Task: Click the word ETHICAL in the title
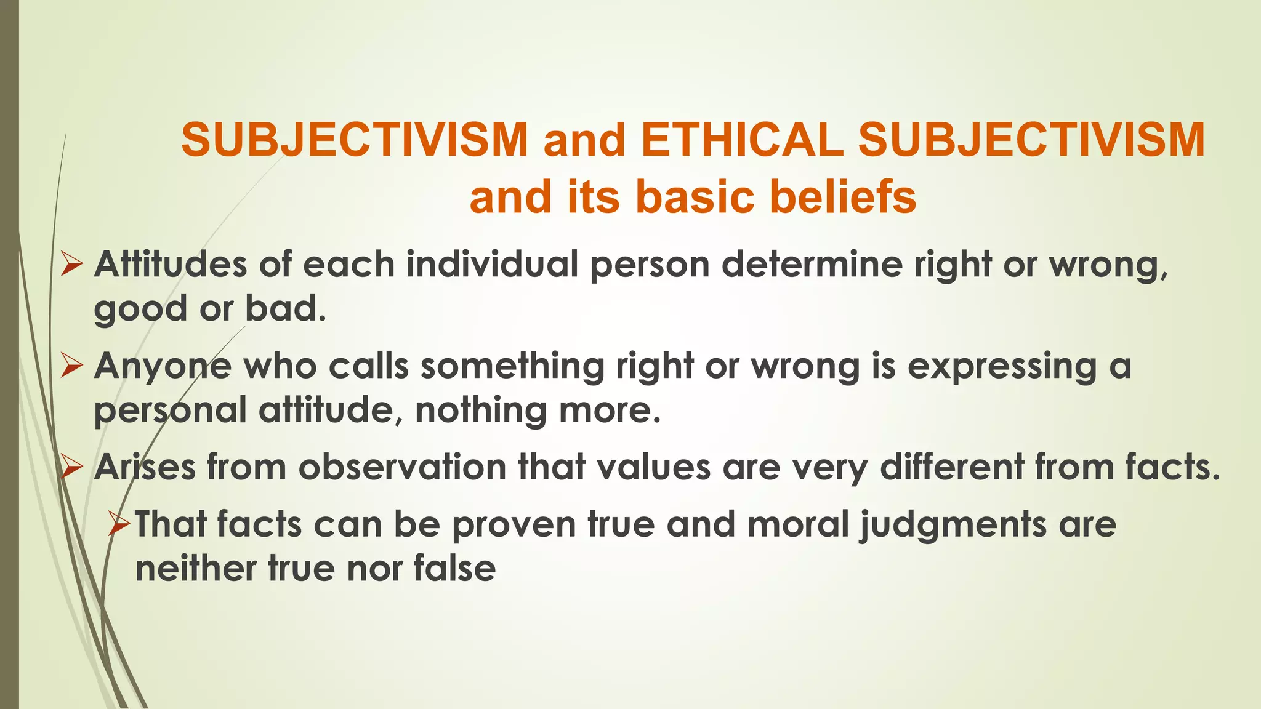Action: click(x=741, y=140)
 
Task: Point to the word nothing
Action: click(x=480, y=411)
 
